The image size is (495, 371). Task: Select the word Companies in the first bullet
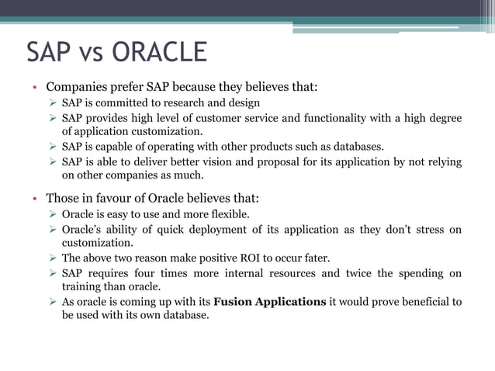click(x=74, y=87)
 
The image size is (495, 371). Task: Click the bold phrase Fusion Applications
click(x=270, y=302)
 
